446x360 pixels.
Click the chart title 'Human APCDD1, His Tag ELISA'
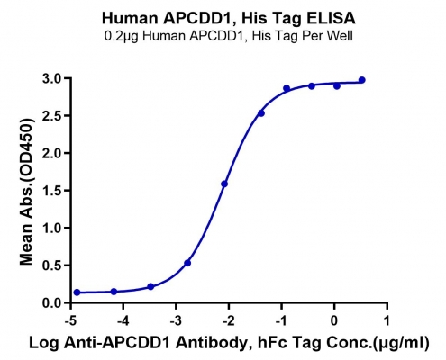click(229, 18)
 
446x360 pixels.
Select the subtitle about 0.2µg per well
click(229, 36)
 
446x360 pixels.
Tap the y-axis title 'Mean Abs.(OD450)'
click(26, 192)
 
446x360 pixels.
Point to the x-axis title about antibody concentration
click(229, 343)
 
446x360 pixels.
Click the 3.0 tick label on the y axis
click(54, 78)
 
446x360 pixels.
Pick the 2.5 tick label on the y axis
click(54, 116)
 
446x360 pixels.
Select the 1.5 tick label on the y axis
click(54, 191)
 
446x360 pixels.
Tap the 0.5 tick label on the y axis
click(54, 265)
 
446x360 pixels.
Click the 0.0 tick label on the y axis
click(54, 302)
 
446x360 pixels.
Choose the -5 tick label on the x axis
click(70, 321)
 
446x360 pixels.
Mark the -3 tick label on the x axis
click(176, 321)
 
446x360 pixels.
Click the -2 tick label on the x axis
click(228, 321)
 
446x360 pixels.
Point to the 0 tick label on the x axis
click(334, 321)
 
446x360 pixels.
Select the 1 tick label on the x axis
click(387, 321)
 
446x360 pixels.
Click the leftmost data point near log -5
click(77, 292)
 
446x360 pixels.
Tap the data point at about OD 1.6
click(224, 184)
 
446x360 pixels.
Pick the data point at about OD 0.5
click(187, 263)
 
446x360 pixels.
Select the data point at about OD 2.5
click(261, 113)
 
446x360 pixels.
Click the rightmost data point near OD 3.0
click(362, 80)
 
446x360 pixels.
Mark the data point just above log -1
click(287, 88)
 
